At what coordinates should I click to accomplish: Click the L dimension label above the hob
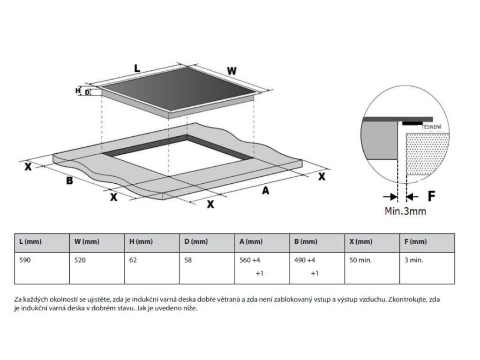[x=136, y=68]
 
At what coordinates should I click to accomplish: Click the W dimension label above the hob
[x=232, y=71]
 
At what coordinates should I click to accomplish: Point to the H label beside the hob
[x=78, y=90]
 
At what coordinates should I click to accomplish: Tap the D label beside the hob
[x=87, y=93]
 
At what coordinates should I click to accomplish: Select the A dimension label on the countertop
[x=265, y=190]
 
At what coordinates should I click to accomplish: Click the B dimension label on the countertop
[x=69, y=180]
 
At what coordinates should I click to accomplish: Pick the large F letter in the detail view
[x=431, y=196]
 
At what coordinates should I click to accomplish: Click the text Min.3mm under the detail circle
[x=405, y=211]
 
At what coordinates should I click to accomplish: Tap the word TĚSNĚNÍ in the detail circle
[x=432, y=127]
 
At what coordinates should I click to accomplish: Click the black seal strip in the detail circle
[x=411, y=124]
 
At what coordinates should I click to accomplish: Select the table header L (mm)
[x=30, y=242]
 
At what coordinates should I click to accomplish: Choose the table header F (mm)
[x=415, y=242]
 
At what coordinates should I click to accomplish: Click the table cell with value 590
[x=25, y=260]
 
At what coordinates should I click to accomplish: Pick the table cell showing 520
[x=80, y=260]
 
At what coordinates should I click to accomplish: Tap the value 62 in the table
[x=133, y=260]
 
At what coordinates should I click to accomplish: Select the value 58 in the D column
[x=188, y=260]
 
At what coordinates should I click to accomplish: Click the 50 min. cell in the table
[x=360, y=260]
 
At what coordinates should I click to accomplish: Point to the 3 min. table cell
[x=413, y=260]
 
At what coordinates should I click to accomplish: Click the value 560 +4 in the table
[x=249, y=260]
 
